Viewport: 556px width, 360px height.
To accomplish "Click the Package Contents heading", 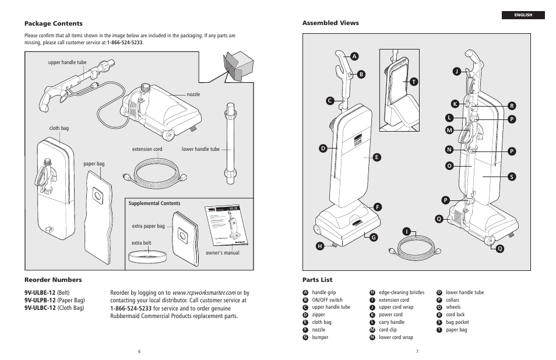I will coord(53,24).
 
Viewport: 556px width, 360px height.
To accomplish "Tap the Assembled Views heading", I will coord(330,23).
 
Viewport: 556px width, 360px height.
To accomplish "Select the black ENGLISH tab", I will coord(523,15).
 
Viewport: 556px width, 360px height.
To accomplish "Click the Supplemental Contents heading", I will coord(154,204).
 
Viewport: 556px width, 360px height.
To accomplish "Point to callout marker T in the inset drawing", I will coord(413,82).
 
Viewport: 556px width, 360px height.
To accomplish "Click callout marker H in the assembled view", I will coord(319,246).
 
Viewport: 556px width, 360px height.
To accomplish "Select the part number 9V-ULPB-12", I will coord(40,301).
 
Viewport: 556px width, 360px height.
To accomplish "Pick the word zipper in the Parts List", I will coord(318,315).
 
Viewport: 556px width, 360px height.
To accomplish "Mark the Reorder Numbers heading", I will coord(53,280).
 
